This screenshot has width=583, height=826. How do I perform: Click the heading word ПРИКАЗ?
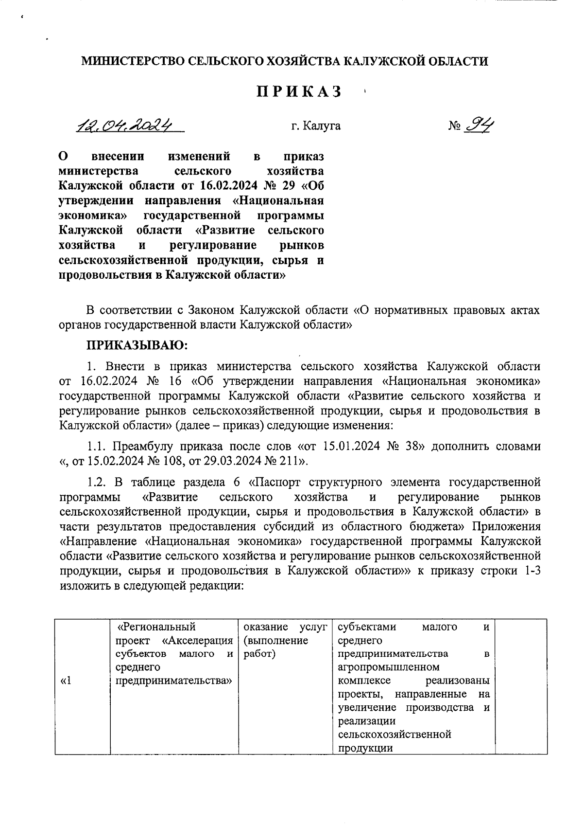point(299,91)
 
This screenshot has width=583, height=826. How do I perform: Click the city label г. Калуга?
point(316,126)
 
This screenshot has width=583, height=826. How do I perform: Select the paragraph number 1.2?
point(98,483)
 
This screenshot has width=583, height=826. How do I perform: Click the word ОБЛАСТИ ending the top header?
point(458,61)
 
